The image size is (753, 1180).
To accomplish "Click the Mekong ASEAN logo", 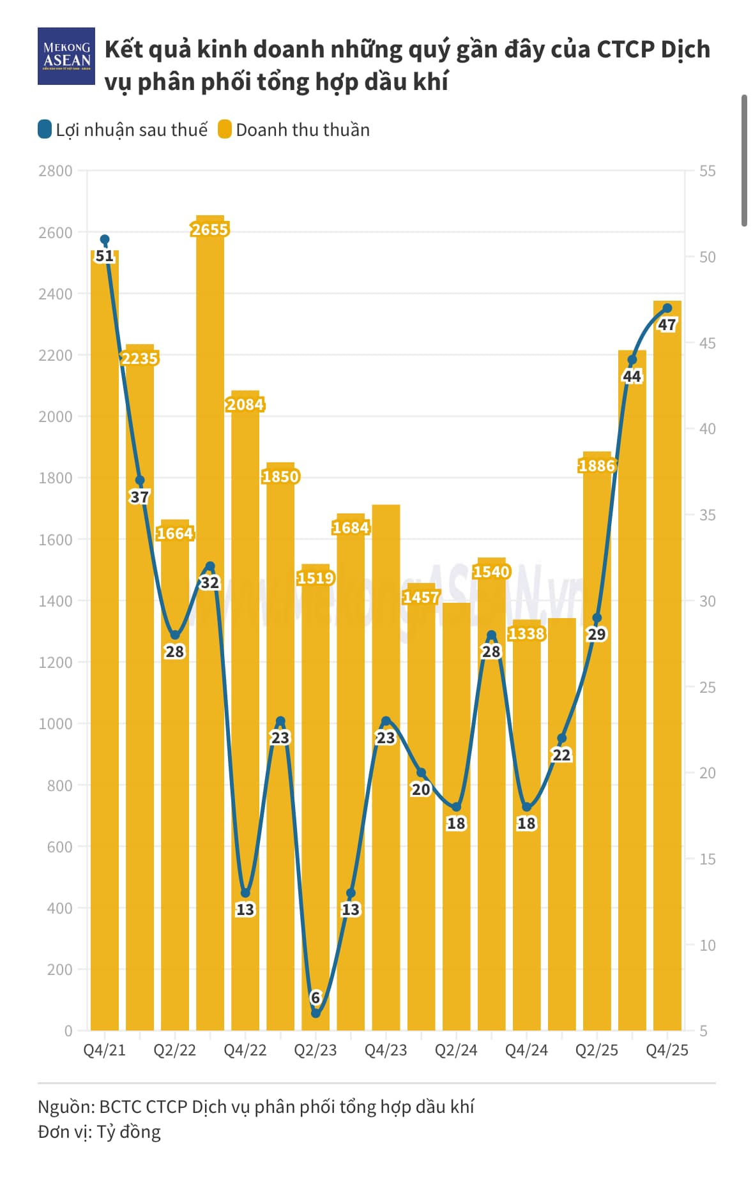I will point(66,56).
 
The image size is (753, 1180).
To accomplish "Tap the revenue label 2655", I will point(209,229).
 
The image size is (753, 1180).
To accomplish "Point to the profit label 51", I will point(104,256).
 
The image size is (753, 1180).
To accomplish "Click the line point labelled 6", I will point(316,1013).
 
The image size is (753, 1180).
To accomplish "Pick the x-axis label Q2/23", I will point(315,1050).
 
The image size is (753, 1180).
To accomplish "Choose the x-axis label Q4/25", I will point(667,1050).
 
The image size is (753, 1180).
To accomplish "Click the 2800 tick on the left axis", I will point(56,170).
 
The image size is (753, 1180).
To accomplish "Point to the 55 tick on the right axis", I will point(707,170).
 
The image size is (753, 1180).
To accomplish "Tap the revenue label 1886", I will point(597,465).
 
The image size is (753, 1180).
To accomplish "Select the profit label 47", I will point(667,324).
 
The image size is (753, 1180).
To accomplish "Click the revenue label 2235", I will point(139,358).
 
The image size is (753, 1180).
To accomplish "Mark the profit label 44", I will point(632,376).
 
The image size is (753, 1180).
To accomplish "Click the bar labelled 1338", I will point(526,830).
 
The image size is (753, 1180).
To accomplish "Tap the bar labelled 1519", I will point(316,798).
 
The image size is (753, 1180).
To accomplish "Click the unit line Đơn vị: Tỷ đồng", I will point(99,1132).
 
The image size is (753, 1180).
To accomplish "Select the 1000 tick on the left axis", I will point(56,723).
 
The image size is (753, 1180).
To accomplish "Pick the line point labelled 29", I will point(597,618).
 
